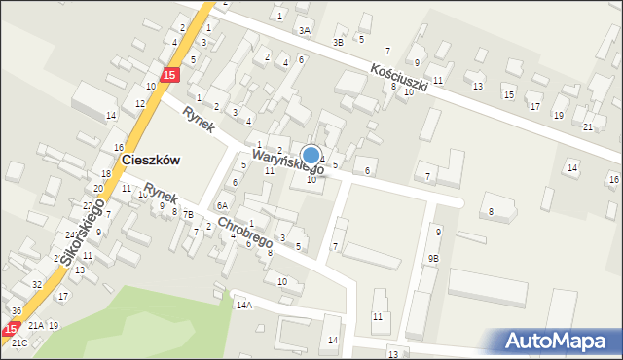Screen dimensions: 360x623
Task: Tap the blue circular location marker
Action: (311, 155)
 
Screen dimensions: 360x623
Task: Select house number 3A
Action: (305, 31)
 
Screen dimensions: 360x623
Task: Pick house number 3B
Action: (338, 42)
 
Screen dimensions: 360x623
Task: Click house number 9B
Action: (433, 258)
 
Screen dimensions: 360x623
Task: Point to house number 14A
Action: (243, 305)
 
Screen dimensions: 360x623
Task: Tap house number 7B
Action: (188, 214)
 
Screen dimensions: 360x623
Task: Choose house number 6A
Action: (222, 205)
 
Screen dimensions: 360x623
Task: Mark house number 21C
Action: (19, 343)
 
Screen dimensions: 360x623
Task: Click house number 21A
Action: (36, 325)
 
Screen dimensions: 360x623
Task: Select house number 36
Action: (17, 310)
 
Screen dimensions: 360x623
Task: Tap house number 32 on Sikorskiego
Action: (36, 284)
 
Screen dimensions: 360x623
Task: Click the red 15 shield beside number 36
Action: (12, 329)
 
